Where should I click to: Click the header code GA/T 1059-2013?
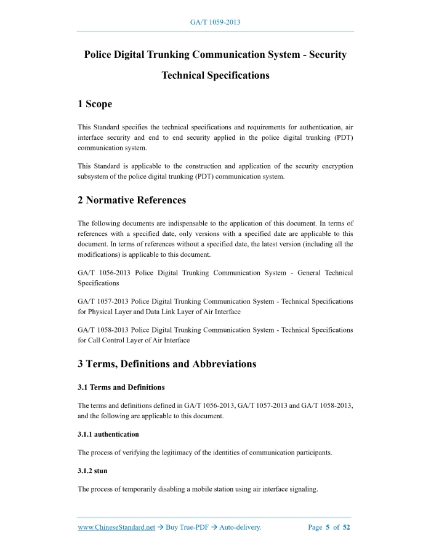tap(215, 22)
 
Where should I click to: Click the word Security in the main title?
tap(321, 54)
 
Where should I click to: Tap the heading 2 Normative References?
tap(132, 200)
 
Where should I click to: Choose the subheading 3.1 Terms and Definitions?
tap(121, 387)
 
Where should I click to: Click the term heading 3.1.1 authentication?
tap(108, 434)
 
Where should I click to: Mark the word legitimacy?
tap(193, 453)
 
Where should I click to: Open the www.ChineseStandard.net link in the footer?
tap(116, 527)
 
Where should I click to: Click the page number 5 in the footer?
tap(328, 527)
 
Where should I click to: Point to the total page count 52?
tap(346, 527)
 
